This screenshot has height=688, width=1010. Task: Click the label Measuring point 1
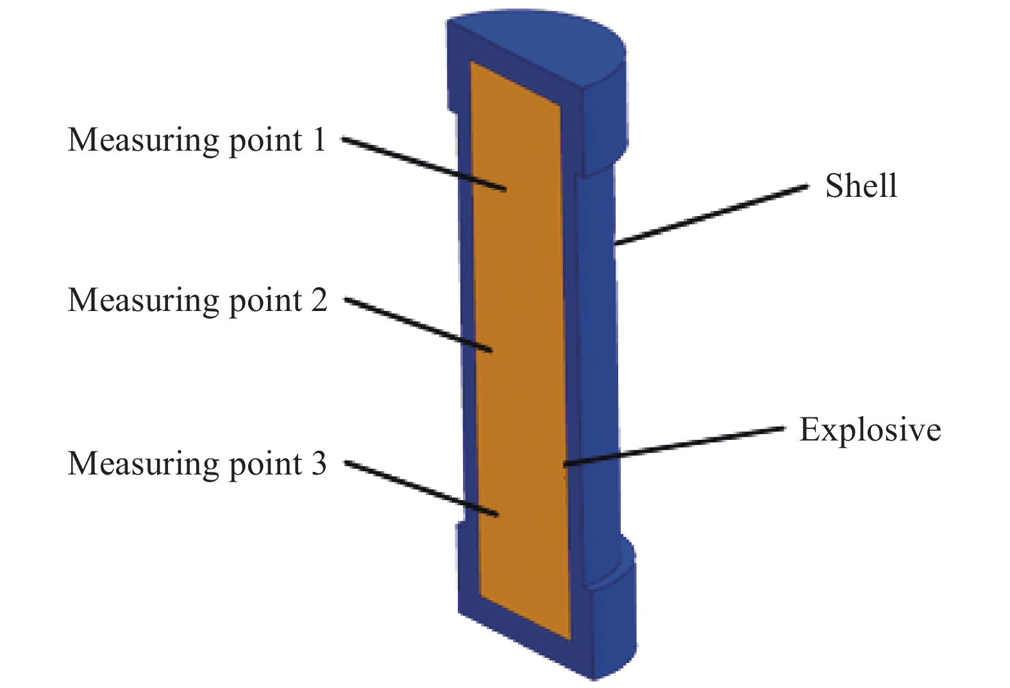point(197,140)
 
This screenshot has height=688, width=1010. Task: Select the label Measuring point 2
point(198,301)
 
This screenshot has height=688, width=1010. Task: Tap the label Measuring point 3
point(197,464)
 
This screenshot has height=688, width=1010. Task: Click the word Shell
point(861,185)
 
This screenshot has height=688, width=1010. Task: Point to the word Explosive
point(870,430)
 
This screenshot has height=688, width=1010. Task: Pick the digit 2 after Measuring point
point(319,300)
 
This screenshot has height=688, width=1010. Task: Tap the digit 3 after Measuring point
point(318,464)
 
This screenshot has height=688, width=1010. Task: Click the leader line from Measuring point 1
point(424,165)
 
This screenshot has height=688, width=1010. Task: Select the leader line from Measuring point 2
point(418,324)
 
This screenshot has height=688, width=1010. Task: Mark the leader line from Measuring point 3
point(421,489)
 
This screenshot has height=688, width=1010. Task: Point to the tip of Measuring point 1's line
point(506,191)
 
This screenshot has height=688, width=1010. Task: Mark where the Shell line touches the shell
point(616,244)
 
